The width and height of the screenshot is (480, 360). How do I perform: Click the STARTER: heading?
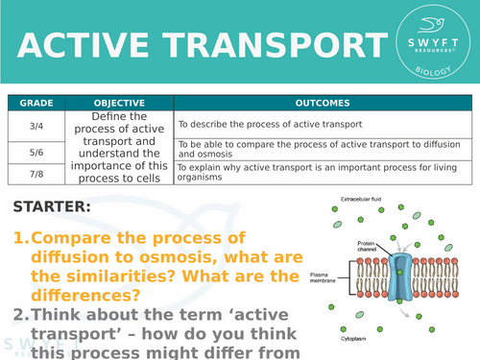53,206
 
